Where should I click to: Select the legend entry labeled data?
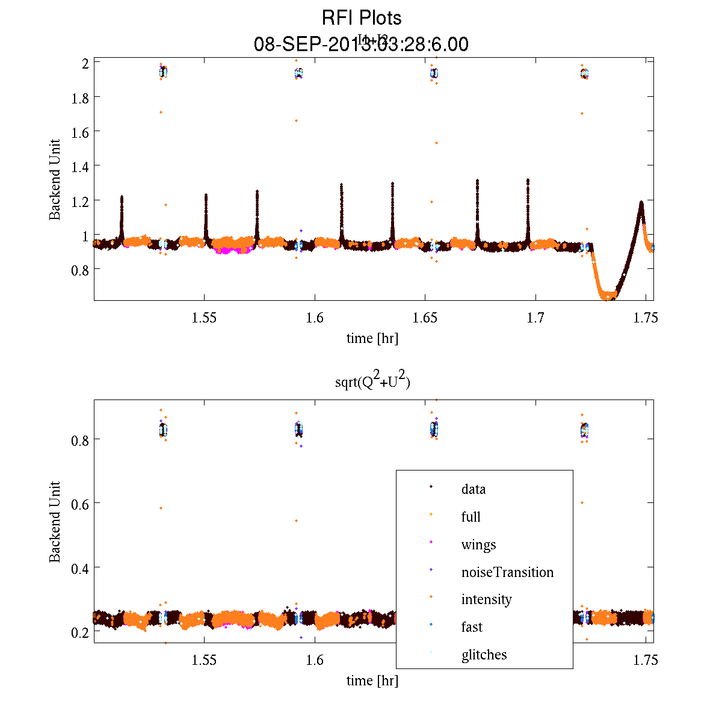click(474, 489)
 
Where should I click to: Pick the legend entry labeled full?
click(471, 517)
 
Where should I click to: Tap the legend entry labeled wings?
click(478, 545)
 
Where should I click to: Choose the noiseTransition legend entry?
click(507, 572)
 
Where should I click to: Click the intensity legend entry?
click(486, 599)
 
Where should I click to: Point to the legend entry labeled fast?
click(472, 627)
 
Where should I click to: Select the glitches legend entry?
click(484, 655)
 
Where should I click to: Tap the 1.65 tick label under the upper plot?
click(425, 318)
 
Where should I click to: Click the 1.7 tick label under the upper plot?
click(535, 318)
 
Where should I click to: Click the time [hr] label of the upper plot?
click(372, 338)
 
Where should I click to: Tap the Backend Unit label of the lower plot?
click(55, 522)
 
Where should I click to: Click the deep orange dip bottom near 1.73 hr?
click(608, 295)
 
